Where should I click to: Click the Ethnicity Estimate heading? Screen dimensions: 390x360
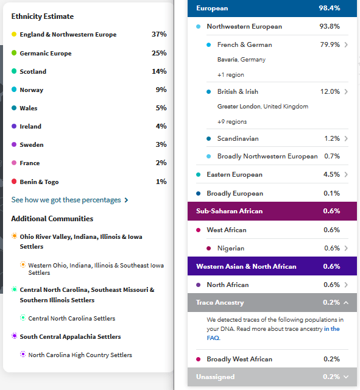(x=43, y=16)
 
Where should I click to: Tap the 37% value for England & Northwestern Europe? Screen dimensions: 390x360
(x=159, y=35)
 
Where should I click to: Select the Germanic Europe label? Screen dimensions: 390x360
(x=46, y=54)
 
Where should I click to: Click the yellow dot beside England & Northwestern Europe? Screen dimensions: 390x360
(x=14, y=35)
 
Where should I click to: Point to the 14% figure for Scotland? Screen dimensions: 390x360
(x=159, y=72)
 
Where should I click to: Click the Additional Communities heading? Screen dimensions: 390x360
(x=52, y=219)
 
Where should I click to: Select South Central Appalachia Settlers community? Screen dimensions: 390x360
(x=70, y=336)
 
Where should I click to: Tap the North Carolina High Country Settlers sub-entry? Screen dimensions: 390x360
(x=80, y=355)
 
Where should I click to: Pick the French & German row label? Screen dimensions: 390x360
(x=244, y=45)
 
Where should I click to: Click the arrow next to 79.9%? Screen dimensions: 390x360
(x=346, y=45)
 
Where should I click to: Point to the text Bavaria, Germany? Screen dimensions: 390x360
(x=241, y=60)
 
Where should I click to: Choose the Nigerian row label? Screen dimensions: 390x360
(x=231, y=249)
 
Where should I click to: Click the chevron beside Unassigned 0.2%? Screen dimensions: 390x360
(x=346, y=377)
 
